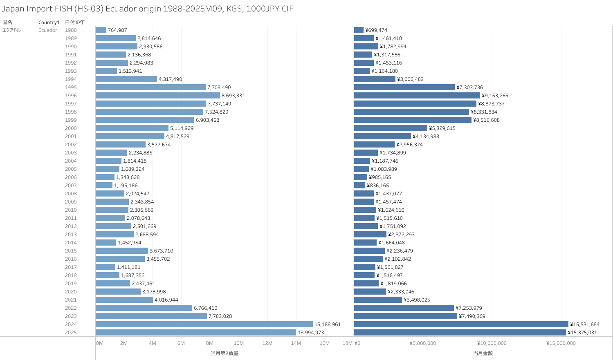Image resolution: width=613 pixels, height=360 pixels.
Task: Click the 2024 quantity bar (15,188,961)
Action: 204,324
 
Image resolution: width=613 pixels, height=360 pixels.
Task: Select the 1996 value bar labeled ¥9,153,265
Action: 417,96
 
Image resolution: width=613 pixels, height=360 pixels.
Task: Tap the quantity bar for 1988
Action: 101,30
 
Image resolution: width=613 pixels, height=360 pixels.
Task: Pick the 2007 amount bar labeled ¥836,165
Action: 359,186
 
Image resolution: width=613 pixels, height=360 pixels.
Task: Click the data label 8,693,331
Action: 233,96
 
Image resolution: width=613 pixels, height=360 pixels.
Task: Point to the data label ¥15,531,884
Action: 585,324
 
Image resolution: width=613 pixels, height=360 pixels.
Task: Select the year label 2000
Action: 71,128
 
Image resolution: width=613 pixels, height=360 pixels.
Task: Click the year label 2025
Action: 71,333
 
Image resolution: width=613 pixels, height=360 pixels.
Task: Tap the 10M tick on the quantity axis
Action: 238,343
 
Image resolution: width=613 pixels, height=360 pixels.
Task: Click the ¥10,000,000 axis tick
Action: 492,343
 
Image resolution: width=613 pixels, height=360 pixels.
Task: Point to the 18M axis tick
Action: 347,343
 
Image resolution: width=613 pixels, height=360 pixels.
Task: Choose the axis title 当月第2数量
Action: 224,353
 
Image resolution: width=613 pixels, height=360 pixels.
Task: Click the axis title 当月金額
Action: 483,353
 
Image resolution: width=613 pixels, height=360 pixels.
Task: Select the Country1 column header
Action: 49,22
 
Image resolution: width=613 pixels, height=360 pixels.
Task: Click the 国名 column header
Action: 7,22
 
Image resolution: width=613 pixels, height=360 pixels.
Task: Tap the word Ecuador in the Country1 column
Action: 48,30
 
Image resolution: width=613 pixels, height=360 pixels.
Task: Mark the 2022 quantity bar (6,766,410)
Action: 144,308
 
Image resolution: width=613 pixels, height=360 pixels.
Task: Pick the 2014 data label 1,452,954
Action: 130,243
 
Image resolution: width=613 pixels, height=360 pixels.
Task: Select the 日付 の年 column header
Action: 75,22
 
